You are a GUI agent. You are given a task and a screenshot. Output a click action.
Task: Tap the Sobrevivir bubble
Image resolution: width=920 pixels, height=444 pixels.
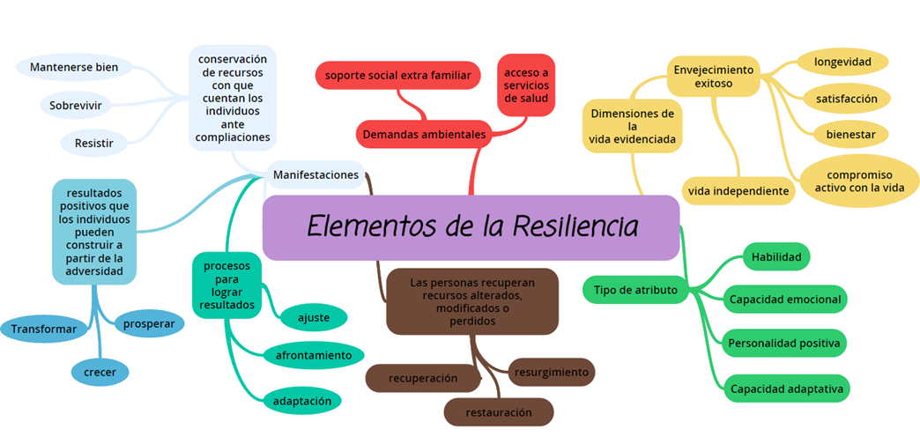(x=75, y=105)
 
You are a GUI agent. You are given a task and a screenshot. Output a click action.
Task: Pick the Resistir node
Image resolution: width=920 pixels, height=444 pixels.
(x=93, y=141)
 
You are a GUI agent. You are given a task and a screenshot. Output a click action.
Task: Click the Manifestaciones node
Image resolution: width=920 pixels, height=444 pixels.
(x=315, y=174)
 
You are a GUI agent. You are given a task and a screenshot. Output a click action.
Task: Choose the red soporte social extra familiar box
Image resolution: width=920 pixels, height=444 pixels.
(x=397, y=75)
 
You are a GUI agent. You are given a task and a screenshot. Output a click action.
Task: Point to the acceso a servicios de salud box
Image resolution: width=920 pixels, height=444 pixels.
(x=526, y=85)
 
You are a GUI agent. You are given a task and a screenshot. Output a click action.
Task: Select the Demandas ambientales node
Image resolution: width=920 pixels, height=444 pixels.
(x=424, y=135)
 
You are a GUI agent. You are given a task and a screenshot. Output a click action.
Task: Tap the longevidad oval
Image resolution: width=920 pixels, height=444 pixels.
(x=842, y=62)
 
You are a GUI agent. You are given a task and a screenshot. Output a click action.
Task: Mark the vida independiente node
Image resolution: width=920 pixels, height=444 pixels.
(x=738, y=190)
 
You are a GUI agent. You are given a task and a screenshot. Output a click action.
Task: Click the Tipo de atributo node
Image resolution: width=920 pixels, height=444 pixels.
(x=635, y=290)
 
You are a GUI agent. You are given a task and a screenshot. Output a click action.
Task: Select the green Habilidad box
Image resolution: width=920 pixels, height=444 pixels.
(x=775, y=256)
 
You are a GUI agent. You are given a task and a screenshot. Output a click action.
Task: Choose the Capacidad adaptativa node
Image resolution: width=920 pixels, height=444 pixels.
(x=786, y=388)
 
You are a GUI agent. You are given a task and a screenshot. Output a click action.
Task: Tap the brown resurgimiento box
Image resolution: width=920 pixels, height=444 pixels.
(x=552, y=372)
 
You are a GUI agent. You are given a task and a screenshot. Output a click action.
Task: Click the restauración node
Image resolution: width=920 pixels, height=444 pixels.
(x=498, y=411)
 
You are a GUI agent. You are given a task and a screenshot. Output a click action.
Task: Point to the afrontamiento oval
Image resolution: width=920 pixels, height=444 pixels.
(x=313, y=355)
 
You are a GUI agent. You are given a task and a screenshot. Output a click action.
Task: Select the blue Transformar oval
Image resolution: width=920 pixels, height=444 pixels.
(x=44, y=329)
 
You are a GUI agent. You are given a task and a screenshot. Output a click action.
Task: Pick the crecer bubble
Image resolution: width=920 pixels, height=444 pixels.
(x=100, y=372)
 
